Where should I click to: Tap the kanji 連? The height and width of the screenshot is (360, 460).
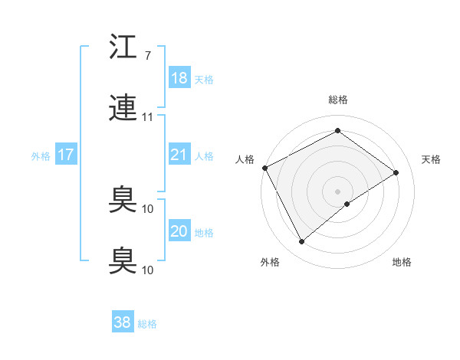(x=123, y=110)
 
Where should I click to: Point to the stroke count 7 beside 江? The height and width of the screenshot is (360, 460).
(x=147, y=57)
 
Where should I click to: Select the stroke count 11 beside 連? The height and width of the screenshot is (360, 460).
(x=148, y=118)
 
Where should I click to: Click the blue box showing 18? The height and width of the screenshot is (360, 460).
(x=179, y=78)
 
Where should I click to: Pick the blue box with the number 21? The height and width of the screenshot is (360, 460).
(x=179, y=155)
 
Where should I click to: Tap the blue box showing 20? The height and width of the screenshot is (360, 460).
(x=179, y=232)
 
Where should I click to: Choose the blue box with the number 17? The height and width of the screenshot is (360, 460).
(x=66, y=155)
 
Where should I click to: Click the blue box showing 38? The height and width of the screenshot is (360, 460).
(x=123, y=323)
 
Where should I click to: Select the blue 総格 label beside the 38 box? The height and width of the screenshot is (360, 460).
(x=148, y=324)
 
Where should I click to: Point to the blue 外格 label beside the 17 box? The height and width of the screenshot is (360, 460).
(x=41, y=156)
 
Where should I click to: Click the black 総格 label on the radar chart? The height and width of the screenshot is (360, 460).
(x=338, y=100)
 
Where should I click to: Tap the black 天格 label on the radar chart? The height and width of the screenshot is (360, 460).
(x=432, y=159)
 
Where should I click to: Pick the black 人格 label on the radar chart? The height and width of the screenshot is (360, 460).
(x=245, y=159)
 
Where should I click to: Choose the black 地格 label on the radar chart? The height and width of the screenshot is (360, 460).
(x=402, y=263)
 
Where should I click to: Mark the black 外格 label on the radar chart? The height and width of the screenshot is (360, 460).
(x=270, y=263)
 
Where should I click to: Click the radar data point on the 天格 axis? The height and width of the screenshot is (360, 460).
(x=396, y=172)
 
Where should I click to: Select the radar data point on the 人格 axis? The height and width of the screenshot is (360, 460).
(x=264, y=168)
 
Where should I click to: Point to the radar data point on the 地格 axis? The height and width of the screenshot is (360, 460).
(x=347, y=204)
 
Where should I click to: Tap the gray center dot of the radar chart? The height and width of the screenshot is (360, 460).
(x=338, y=191)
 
